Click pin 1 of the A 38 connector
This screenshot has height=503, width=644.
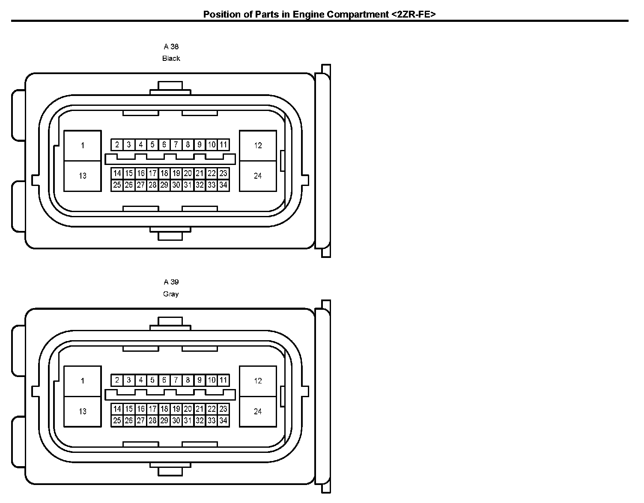coord(83,146)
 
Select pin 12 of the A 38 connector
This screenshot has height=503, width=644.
coord(258,146)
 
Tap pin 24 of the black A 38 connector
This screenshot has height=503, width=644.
coord(258,176)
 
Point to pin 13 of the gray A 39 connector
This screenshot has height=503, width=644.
coord(83,411)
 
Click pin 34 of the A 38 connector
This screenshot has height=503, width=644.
coord(223,185)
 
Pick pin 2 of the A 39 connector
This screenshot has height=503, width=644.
coord(117,380)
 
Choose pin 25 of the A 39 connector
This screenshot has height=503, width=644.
coord(117,421)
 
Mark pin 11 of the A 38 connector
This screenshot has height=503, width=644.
coord(223,145)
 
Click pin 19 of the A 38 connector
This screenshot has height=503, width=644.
coord(176,174)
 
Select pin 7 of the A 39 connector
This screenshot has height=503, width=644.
coord(176,380)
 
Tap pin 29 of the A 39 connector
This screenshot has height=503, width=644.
coord(164,421)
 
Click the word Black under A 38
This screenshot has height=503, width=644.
coord(171,58)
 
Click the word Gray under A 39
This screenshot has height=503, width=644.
coord(171,294)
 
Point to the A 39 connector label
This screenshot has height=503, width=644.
coord(171,282)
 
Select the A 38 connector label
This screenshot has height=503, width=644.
coord(171,46)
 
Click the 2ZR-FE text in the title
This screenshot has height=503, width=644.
coord(413,14)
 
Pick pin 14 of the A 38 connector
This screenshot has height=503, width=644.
coord(117,174)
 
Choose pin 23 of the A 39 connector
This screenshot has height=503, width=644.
coord(223,409)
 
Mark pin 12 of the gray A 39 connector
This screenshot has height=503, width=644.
coord(258,381)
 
